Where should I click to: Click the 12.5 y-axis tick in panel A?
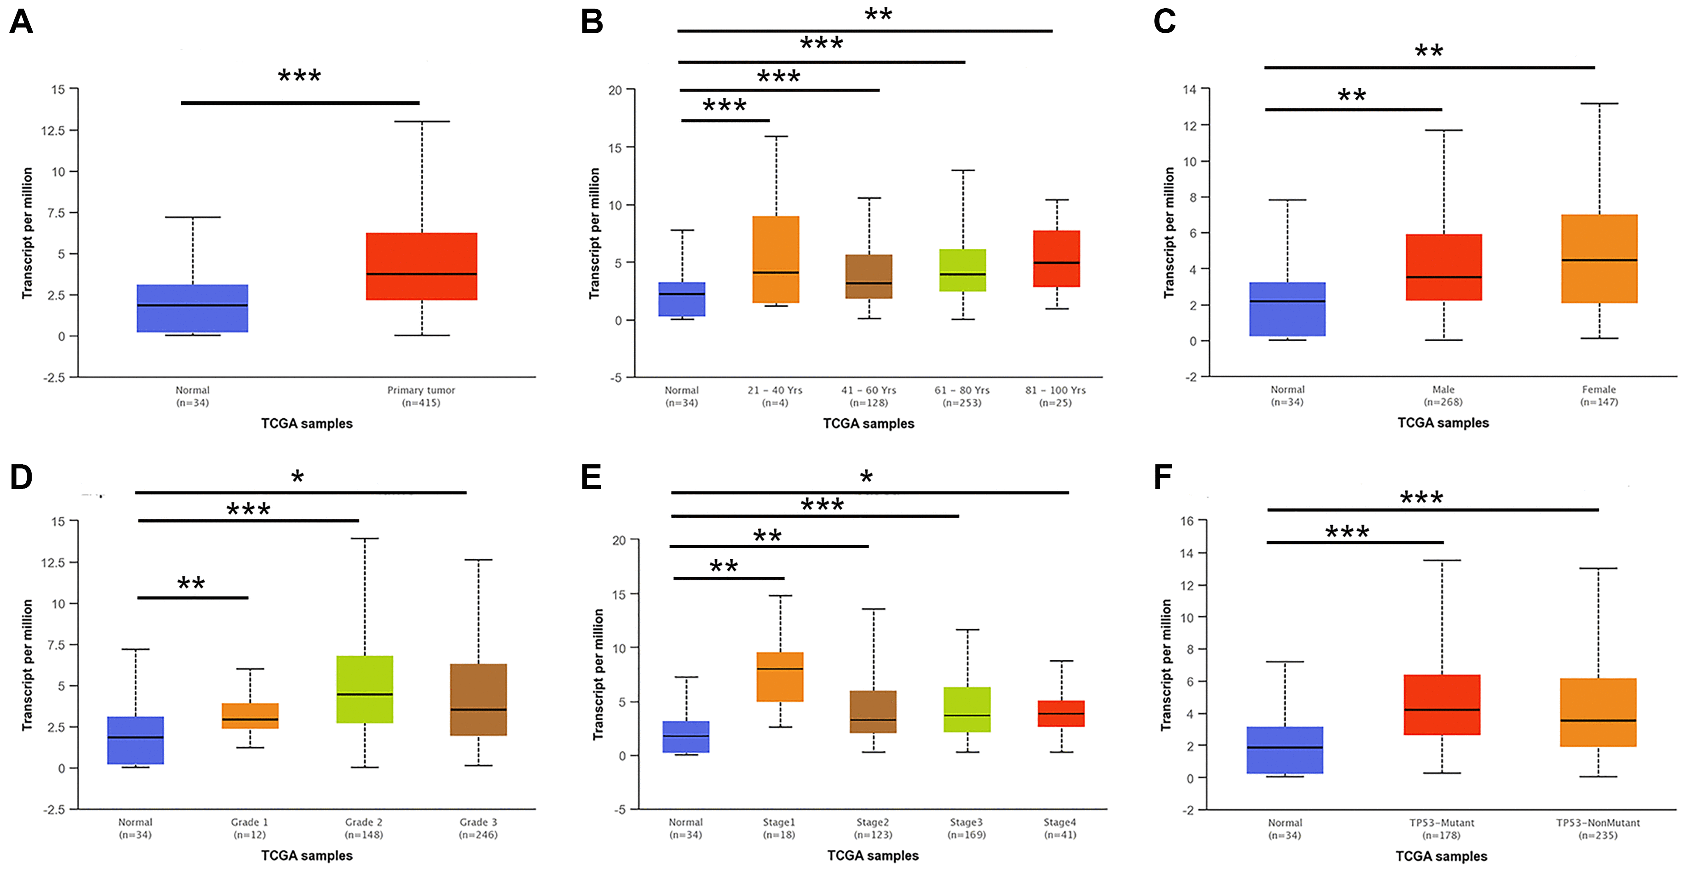54,131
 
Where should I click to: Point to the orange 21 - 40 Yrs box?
776,259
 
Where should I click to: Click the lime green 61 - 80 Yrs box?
962,270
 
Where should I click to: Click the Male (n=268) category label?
1443,395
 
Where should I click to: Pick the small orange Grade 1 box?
250,716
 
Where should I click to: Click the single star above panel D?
298,477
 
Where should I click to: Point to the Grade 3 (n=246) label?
478,828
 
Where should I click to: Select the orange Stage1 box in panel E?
780,677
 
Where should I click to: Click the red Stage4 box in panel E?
1061,713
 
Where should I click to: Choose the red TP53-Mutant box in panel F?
1442,704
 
